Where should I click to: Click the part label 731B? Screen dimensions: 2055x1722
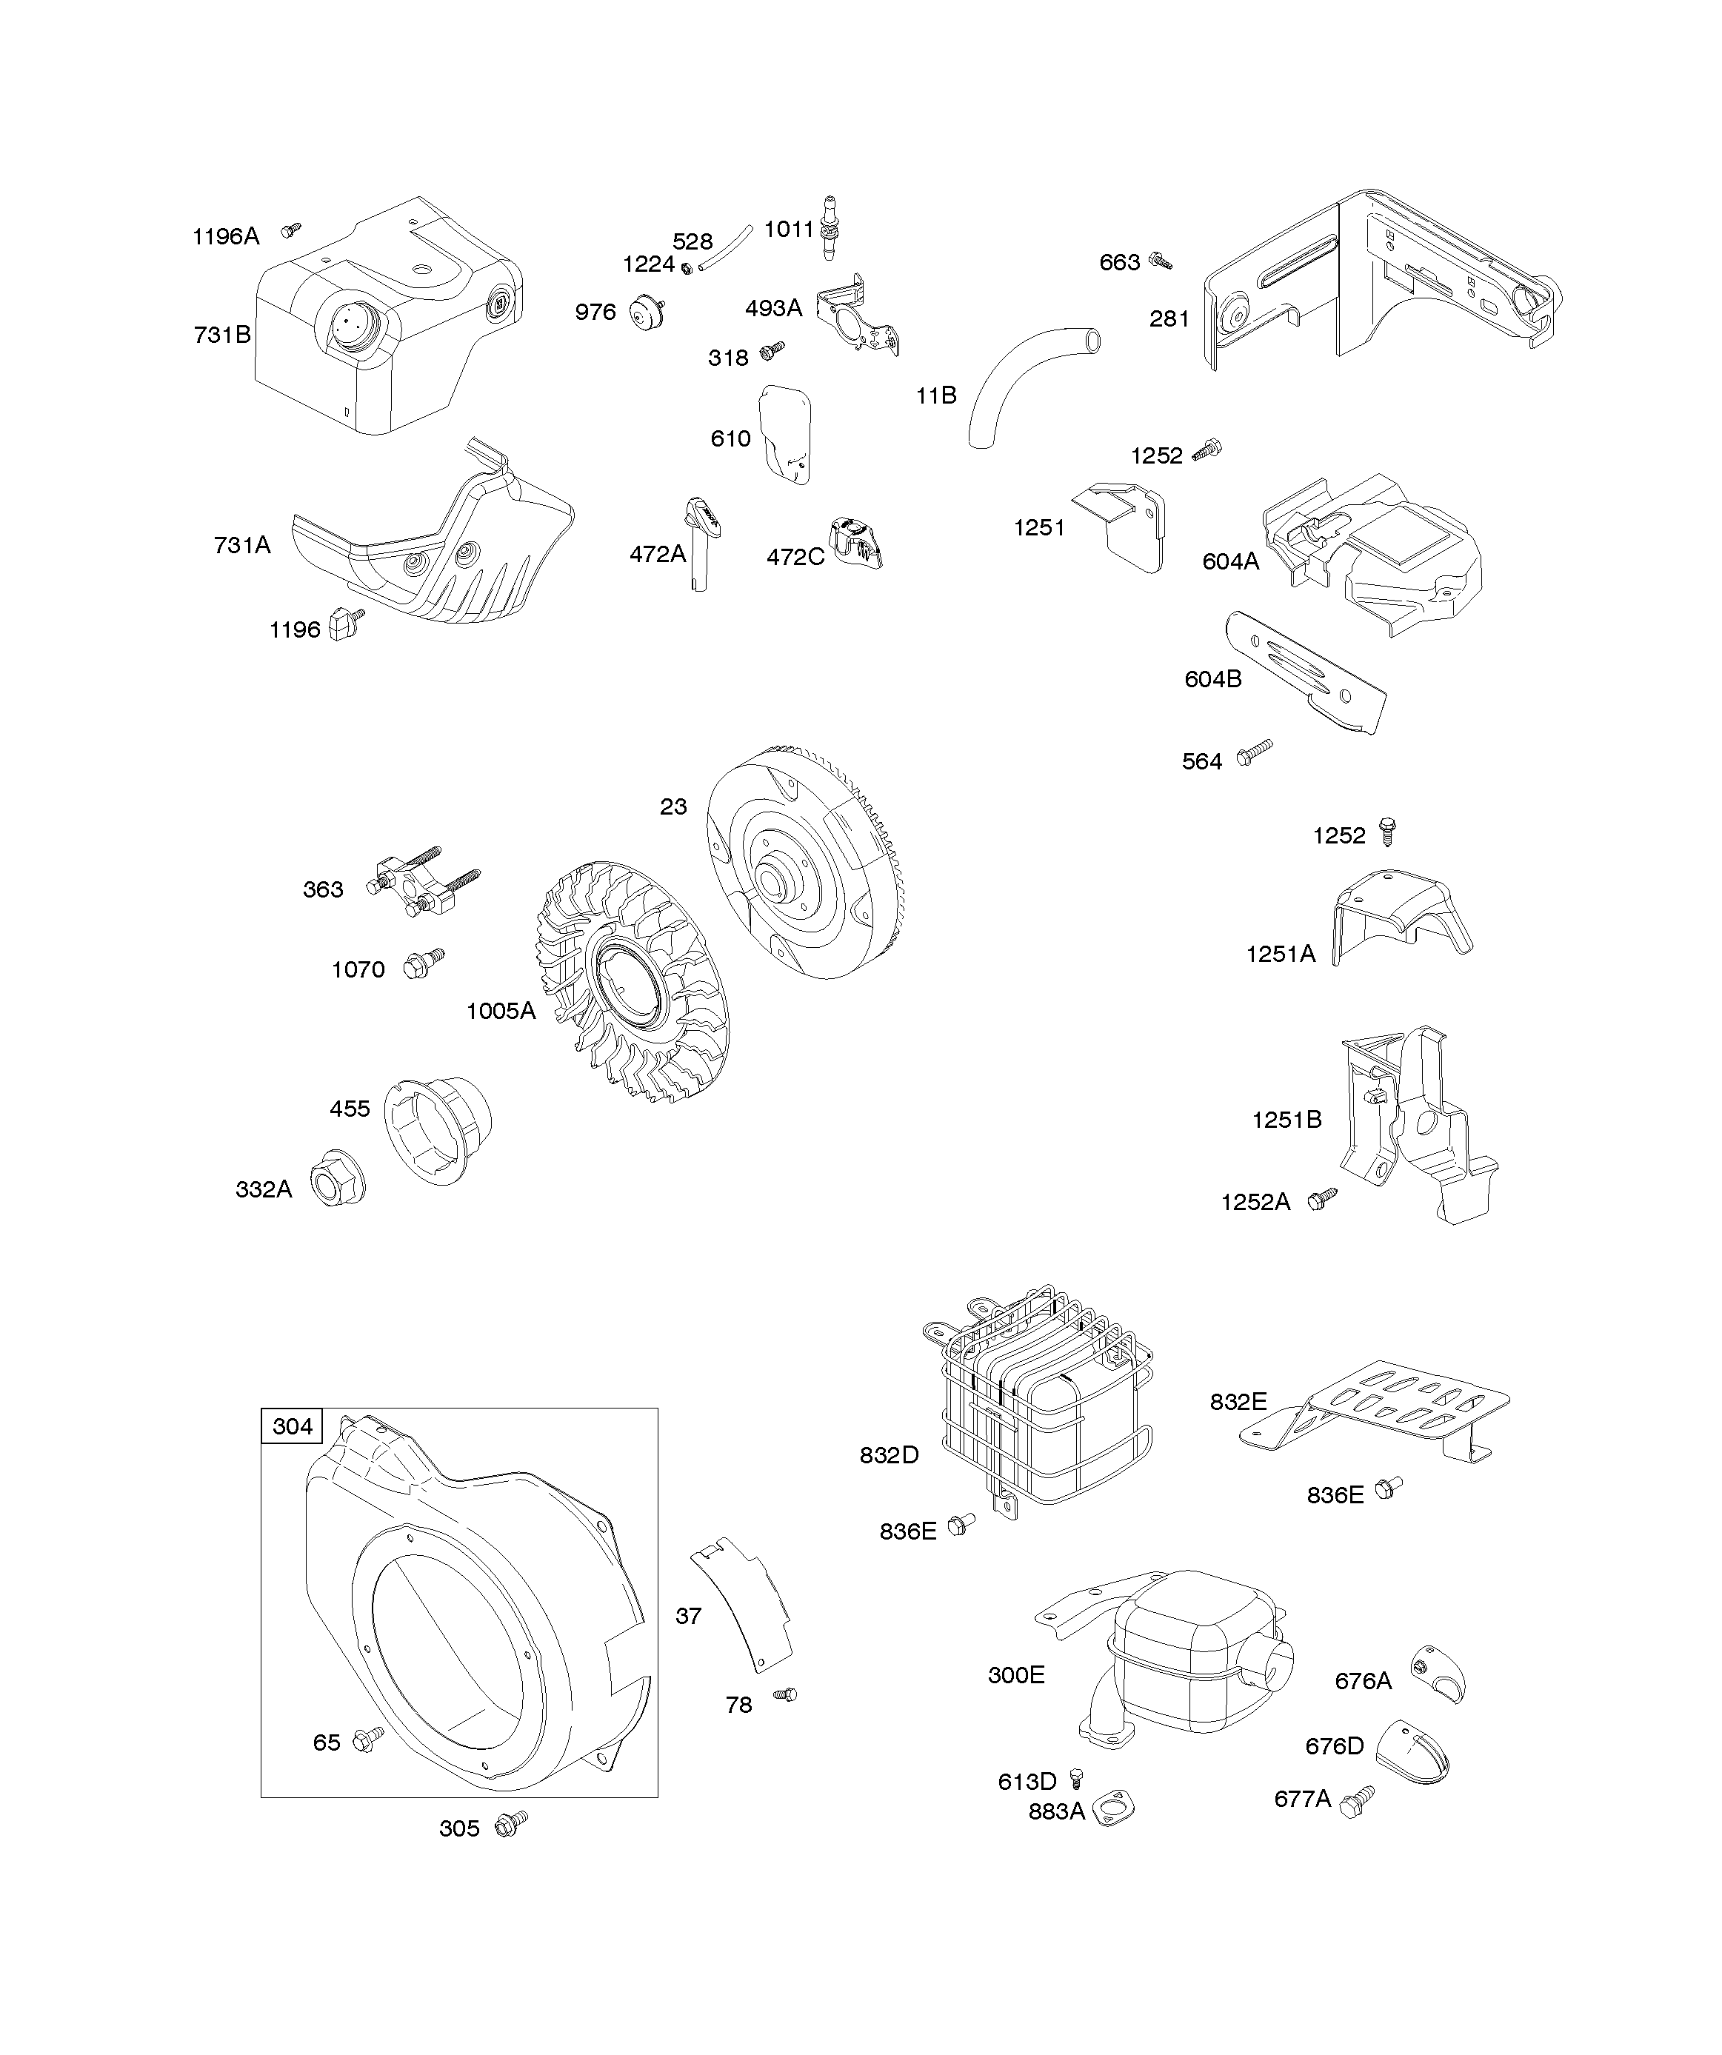(222, 335)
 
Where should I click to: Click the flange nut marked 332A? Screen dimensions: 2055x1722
(337, 1178)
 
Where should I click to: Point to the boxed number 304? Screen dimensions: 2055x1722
(293, 1426)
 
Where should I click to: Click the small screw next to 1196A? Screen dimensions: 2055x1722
(290, 230)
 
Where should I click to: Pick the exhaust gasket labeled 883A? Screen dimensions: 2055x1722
(1113, 1809)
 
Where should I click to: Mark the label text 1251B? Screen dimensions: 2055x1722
(1287, 1120)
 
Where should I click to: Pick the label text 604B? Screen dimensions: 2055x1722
(1213, 679)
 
